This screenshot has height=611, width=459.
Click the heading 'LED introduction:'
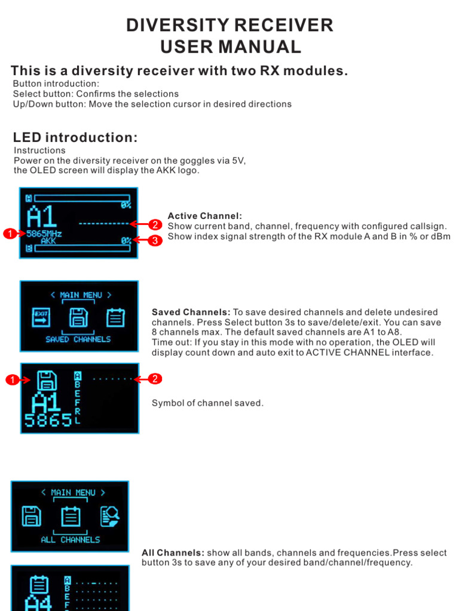[x=75, y=138]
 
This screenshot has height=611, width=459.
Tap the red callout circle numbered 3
[x=154, y=240]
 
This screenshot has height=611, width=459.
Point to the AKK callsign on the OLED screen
[x=48, y=242]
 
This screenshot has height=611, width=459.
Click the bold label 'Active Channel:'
[x=204, y=216]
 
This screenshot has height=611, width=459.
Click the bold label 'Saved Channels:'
[x=191, y=312]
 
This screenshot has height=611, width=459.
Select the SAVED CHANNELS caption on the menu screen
[x=78, y=339]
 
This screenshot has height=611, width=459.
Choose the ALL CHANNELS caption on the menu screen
[x=71, y=539]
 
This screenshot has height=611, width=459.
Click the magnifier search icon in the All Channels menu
[x=110, y=515]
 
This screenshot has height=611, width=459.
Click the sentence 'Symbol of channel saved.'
[x=207, y=403]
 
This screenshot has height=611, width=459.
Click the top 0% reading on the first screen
[x=126, y=205]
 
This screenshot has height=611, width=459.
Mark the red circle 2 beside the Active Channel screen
[x=154, y=224]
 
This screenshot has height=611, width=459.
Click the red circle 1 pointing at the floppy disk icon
[x=11, y=379]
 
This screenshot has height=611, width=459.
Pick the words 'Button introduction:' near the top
[x=56, y=84]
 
